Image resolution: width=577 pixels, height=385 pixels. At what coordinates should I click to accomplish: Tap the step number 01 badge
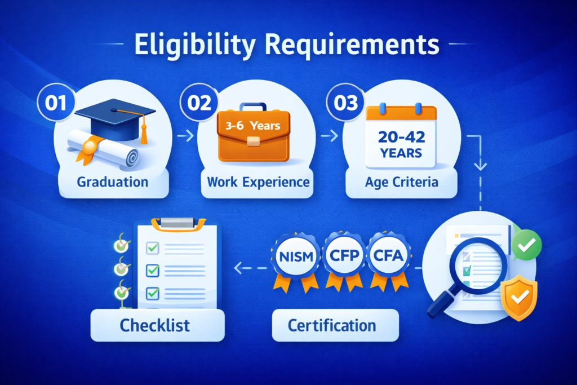[x=56, y=104]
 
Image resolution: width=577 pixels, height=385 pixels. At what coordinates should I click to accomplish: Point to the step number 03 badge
[x=342, y=104]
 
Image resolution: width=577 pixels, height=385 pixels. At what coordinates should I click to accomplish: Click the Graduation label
[x=114, y=182]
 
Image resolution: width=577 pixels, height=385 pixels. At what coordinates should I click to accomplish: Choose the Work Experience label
[x=258, y=182]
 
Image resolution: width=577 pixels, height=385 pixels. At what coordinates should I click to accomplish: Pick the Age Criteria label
[x=401, y=182]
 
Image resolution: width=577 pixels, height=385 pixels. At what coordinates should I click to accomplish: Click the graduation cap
[x=116, y=115]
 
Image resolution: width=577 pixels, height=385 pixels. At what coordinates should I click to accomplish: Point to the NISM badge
[x=293, y=256]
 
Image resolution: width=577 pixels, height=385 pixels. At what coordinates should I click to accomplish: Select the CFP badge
[x=344, y=256]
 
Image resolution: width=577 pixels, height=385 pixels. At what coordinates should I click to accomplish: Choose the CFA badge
[x=388, y=256]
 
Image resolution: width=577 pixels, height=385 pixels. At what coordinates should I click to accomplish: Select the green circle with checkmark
[x=527, y=245]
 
